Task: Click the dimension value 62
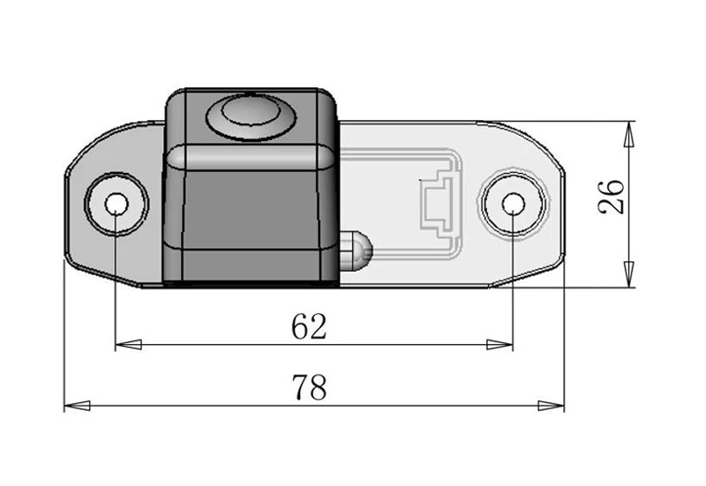[309, 327]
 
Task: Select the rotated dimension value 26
[612, 197]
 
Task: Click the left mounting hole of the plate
[116, 205]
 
